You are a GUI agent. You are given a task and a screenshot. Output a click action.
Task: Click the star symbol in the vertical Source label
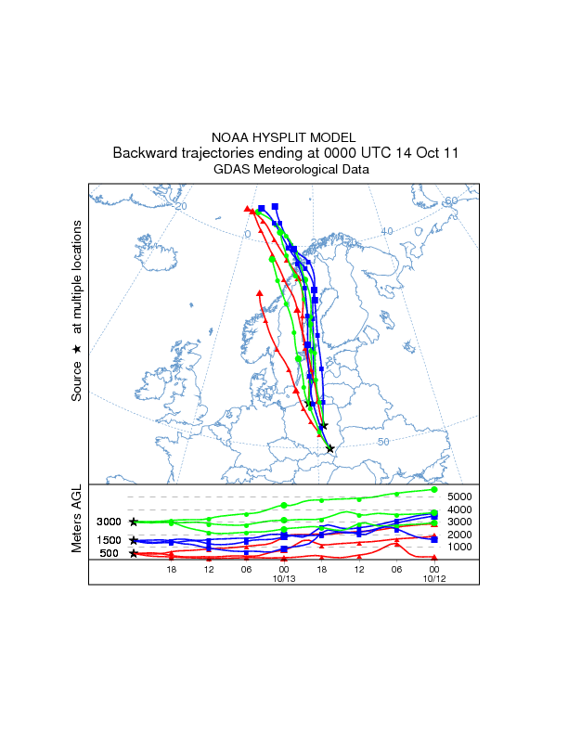[x=78, y=348]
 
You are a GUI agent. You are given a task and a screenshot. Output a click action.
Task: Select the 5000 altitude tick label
[x=461, y=496]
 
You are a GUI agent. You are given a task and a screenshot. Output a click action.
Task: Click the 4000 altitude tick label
[x=461, y=509]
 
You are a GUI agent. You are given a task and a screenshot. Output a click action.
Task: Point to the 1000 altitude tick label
[x=461, y=547]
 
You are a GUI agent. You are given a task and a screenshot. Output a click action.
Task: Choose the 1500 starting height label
[x=110, y=540]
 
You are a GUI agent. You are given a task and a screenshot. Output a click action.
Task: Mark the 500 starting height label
[x=110, y=553]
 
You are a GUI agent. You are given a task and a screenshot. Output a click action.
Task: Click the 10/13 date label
[x=283, y=578]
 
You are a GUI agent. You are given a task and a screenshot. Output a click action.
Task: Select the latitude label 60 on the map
[x=451, y=201]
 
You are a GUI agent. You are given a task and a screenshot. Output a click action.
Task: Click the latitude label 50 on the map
[x=383, y=442]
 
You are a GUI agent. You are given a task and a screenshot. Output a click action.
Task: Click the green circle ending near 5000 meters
[x=434, y=489]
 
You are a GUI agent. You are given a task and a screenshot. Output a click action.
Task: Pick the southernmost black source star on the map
[x=330, y=449]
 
